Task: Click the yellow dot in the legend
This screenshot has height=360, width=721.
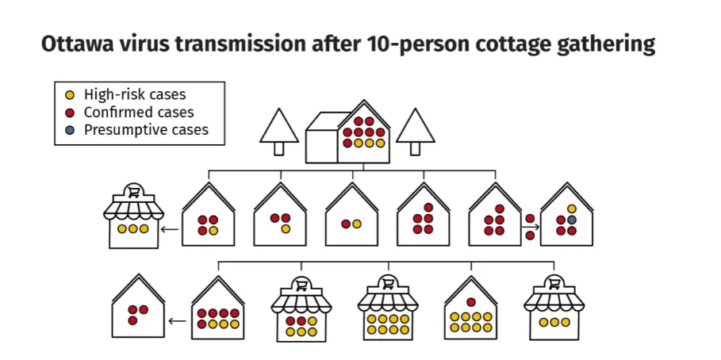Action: pyautogui.click(x=70, y=96)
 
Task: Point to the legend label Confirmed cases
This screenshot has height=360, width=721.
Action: pyautogui.click(x=139, y=112)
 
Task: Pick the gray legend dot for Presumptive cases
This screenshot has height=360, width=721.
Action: pyautogui.click(x=70, y=130)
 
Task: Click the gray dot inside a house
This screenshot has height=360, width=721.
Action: pyautogui.click(x=572, y=220)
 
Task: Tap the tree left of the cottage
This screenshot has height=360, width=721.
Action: pyautogui.click(x=279, y=132)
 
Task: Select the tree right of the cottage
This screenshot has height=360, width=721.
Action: pyautogui.click(x=415, y=132)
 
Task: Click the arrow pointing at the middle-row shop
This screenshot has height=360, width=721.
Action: pyautogui.click(x=170, y=228)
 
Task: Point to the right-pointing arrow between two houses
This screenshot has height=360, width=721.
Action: pyautogui.click(x=531, y=227)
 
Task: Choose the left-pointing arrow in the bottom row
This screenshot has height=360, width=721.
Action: pyautogui.click(x=178, y=320)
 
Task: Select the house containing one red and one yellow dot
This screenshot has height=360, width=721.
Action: pyautogui.click(x=351, y=214)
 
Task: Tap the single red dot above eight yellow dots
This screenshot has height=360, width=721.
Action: pyautogui.click(x=471, y=302)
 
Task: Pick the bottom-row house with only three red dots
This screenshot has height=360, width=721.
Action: pyautogui.click(x=138, y=306)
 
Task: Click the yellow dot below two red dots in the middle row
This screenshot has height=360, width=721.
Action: pyautogui.click(x=286, y=229)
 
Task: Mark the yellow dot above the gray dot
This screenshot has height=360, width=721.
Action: pyautogui.click(x=572, y=209)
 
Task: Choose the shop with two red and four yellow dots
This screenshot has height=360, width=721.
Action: pyautogui.click(x=301, y=309)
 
